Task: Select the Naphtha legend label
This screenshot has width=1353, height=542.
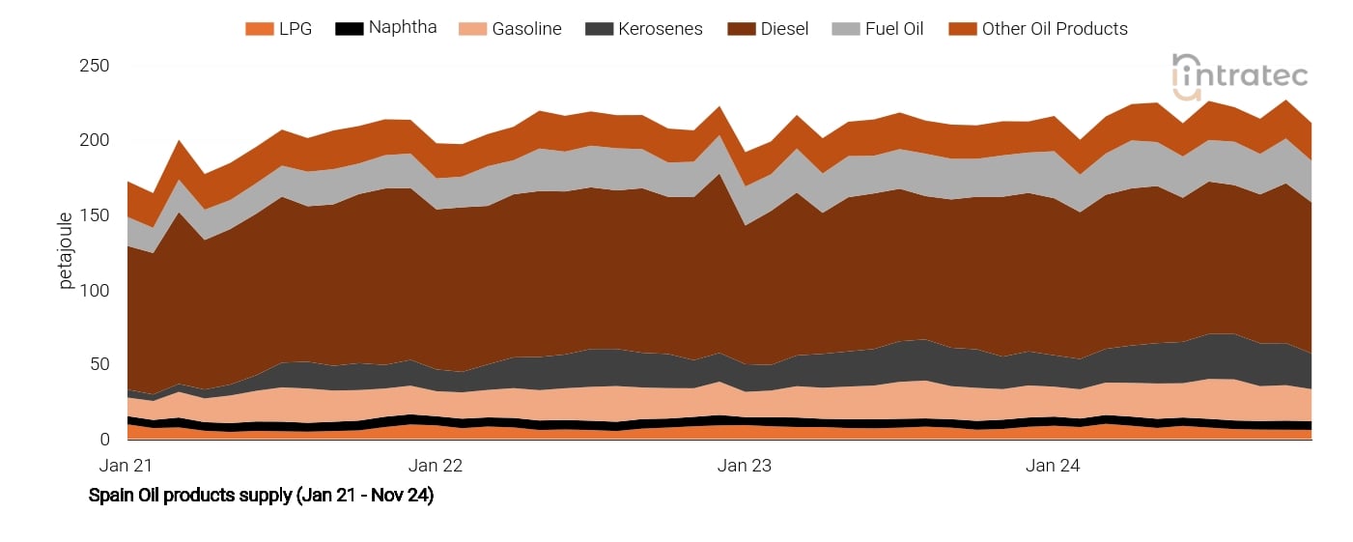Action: [x=403, y=27]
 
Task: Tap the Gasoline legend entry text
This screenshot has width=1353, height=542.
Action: [x=526, y=29]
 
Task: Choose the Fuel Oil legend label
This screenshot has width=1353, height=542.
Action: [x=893, y=29]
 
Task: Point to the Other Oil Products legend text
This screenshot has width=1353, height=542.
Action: [x=1055, y=29]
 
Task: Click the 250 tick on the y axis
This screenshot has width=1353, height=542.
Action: [x=96, y=66]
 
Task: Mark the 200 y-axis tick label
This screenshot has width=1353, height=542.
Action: [x=96, y=140]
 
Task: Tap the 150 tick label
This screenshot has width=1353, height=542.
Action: [x=96, y=215]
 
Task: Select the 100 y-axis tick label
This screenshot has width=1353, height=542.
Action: [x=96, y=290]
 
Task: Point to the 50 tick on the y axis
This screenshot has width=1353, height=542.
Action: [x=100, y=364]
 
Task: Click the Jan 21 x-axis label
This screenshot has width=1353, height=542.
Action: [x=126, y=465]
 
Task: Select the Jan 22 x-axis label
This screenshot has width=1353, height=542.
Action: [x=436, y=465]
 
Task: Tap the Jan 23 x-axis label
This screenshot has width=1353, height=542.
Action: [x=745, y=465]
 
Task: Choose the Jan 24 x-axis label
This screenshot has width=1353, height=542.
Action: [x=1053, y=465]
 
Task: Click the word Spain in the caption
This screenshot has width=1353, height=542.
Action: [x=109, y=496]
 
